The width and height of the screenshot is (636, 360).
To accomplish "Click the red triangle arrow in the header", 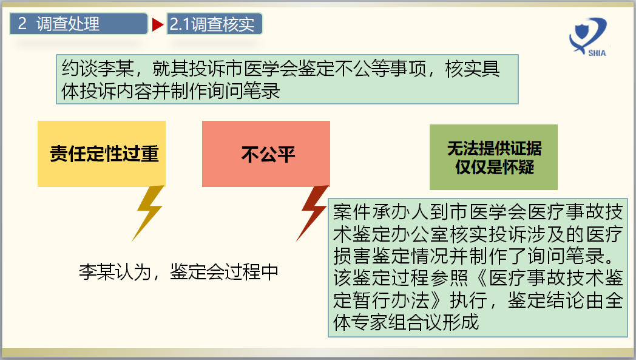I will [158, 25].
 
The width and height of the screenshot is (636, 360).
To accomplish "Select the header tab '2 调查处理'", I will [79, 24].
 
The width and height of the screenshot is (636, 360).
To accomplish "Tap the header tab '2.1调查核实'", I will [214, 24].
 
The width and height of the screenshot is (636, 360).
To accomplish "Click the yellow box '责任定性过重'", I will [104, 154].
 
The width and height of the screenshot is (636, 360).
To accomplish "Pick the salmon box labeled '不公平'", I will [266, 154].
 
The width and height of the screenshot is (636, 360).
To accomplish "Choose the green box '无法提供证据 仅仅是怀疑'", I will [493, 157].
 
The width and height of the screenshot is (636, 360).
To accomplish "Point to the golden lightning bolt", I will [149, 212].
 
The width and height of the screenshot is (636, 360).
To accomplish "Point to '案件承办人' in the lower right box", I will [370, 212].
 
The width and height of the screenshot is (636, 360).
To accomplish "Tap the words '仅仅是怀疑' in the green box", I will [494, 166].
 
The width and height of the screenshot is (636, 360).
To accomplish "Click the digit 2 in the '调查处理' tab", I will [22, 24].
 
